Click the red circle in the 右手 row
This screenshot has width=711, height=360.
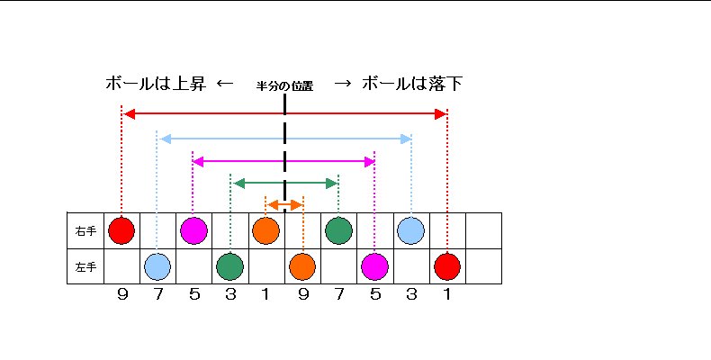click(x=121, y=230)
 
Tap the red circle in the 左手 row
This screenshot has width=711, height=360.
click(x=447, y=266)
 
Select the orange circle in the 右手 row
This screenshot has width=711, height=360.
click(x=265, y=230)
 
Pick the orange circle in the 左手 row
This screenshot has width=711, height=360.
click(x=302, y=266)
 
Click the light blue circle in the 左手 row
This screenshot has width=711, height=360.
click(x=157, y=266)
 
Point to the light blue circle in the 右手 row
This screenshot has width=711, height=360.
click(x=410, y=230)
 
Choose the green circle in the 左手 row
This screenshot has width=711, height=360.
click(x=229, y=266)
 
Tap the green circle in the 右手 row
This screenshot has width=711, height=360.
click(x=338, y=230)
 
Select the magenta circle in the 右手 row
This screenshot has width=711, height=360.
click(x=193, y=230)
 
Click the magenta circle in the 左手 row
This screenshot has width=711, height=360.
click(x=374, y=266)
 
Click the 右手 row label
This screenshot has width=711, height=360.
click(x=85, y=230)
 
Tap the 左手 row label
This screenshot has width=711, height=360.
click(x=85, y=267)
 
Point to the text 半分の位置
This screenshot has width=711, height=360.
click(x=284, y=86)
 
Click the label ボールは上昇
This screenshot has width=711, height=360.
click(x=156, y=84)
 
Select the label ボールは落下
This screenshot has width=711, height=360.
click(x=412, y=84)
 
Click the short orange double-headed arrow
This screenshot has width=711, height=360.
click(x=284, y=205)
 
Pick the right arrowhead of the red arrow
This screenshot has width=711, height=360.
click(x=441, y=114)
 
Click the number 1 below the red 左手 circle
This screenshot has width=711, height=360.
click(x=447, y=294)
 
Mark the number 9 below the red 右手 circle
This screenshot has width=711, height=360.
click(x=122, y=294)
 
